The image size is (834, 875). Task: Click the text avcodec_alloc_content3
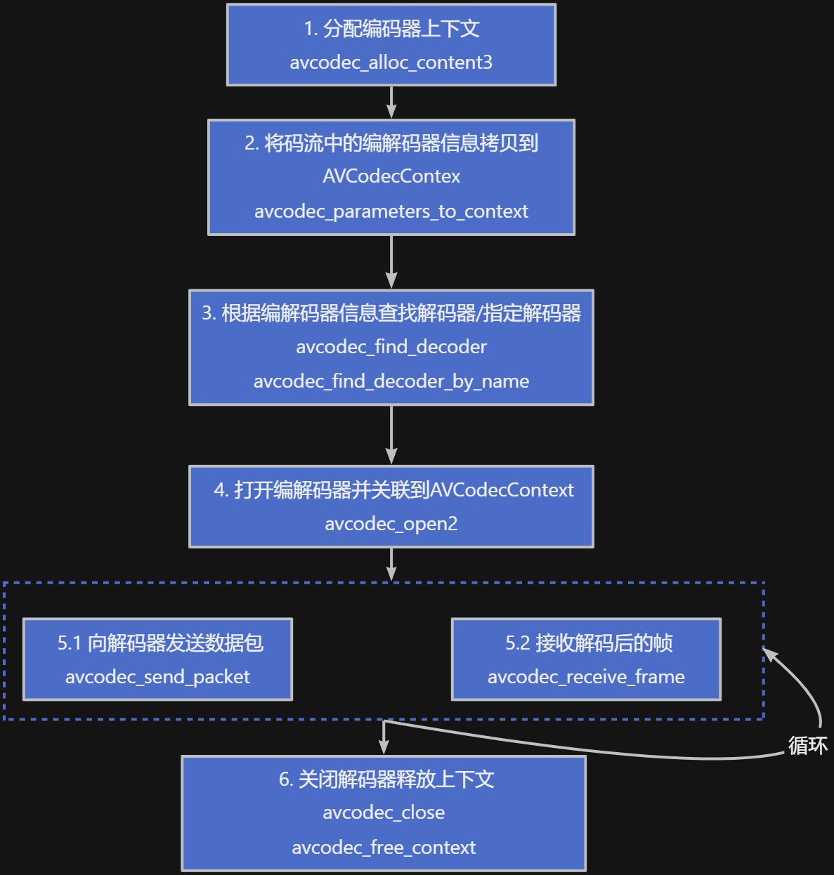391,63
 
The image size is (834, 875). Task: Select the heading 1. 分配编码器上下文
391,29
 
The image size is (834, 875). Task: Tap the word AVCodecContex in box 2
391,176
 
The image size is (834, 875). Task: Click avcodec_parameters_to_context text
391,211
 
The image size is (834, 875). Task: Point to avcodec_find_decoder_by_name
391,381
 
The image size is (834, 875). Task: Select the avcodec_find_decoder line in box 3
391,347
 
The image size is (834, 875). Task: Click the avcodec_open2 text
391,524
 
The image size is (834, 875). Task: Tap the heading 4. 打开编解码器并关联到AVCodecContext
393,490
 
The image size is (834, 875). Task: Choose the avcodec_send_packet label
157,677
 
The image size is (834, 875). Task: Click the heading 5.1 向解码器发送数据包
160,643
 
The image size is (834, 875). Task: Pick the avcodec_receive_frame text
586,677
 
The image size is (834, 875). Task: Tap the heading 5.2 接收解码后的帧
589,643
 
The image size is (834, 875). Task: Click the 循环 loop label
807,745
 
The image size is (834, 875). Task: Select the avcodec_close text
384,813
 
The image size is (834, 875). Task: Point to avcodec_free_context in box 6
384,848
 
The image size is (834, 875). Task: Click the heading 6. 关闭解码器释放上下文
386,779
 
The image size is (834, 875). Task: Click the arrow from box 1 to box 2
391,103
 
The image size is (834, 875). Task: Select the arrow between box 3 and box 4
391,435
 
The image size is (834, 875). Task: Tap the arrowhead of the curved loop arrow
771,654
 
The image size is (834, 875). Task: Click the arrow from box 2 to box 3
391,261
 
